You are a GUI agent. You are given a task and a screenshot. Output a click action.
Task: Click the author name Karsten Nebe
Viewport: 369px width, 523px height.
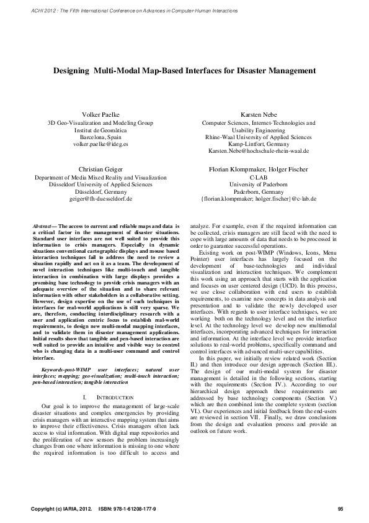point(259,115)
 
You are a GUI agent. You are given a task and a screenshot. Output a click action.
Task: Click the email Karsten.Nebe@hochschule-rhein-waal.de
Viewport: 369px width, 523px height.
point(259,152)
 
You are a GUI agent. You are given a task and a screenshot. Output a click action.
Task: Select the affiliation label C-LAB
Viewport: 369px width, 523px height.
point(259,177)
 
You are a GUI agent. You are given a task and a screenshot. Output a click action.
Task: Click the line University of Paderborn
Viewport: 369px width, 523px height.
point(259,184)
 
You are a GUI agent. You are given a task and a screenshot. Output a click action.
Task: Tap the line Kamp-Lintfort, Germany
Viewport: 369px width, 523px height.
point(259,144)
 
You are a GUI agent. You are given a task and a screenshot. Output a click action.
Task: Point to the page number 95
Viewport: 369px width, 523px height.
point(340,509)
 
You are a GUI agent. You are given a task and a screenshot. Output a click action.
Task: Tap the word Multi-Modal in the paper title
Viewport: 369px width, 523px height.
point(115,71)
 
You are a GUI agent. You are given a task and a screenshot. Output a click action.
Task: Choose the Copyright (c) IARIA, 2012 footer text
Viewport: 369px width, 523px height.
point(61,509)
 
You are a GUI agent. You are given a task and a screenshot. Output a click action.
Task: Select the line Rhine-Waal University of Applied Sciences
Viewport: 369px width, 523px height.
point(259,137)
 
